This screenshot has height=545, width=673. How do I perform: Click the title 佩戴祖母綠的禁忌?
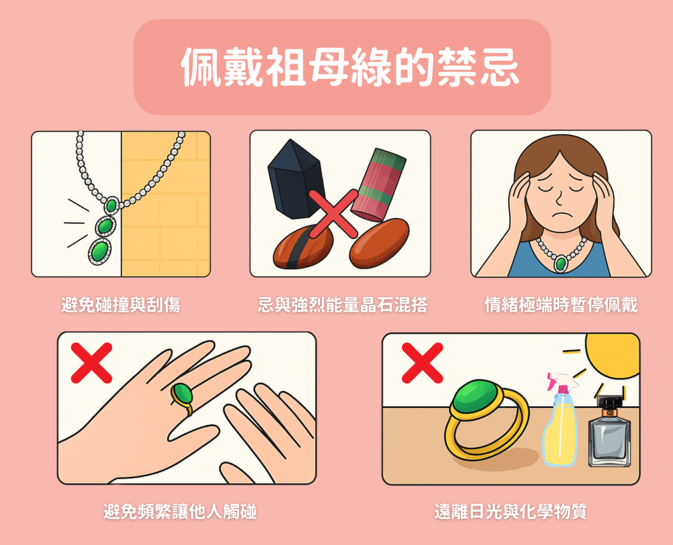click(342, 68)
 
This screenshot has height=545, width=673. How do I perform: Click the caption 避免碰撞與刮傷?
click(121, 305)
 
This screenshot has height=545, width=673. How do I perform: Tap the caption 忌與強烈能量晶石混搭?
click(342, 305)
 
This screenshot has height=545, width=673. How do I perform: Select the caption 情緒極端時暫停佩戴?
click(561, 305)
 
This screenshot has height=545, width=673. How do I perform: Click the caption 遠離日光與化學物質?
click(510, 511)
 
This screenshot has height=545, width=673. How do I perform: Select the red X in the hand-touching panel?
click(91, 363)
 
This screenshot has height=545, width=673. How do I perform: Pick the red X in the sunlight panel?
click(422, 363)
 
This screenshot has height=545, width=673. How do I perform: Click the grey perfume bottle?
click(610, 435)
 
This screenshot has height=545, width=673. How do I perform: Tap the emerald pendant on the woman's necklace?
click(560, 262)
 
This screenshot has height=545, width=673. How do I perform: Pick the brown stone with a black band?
click(303, 248)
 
